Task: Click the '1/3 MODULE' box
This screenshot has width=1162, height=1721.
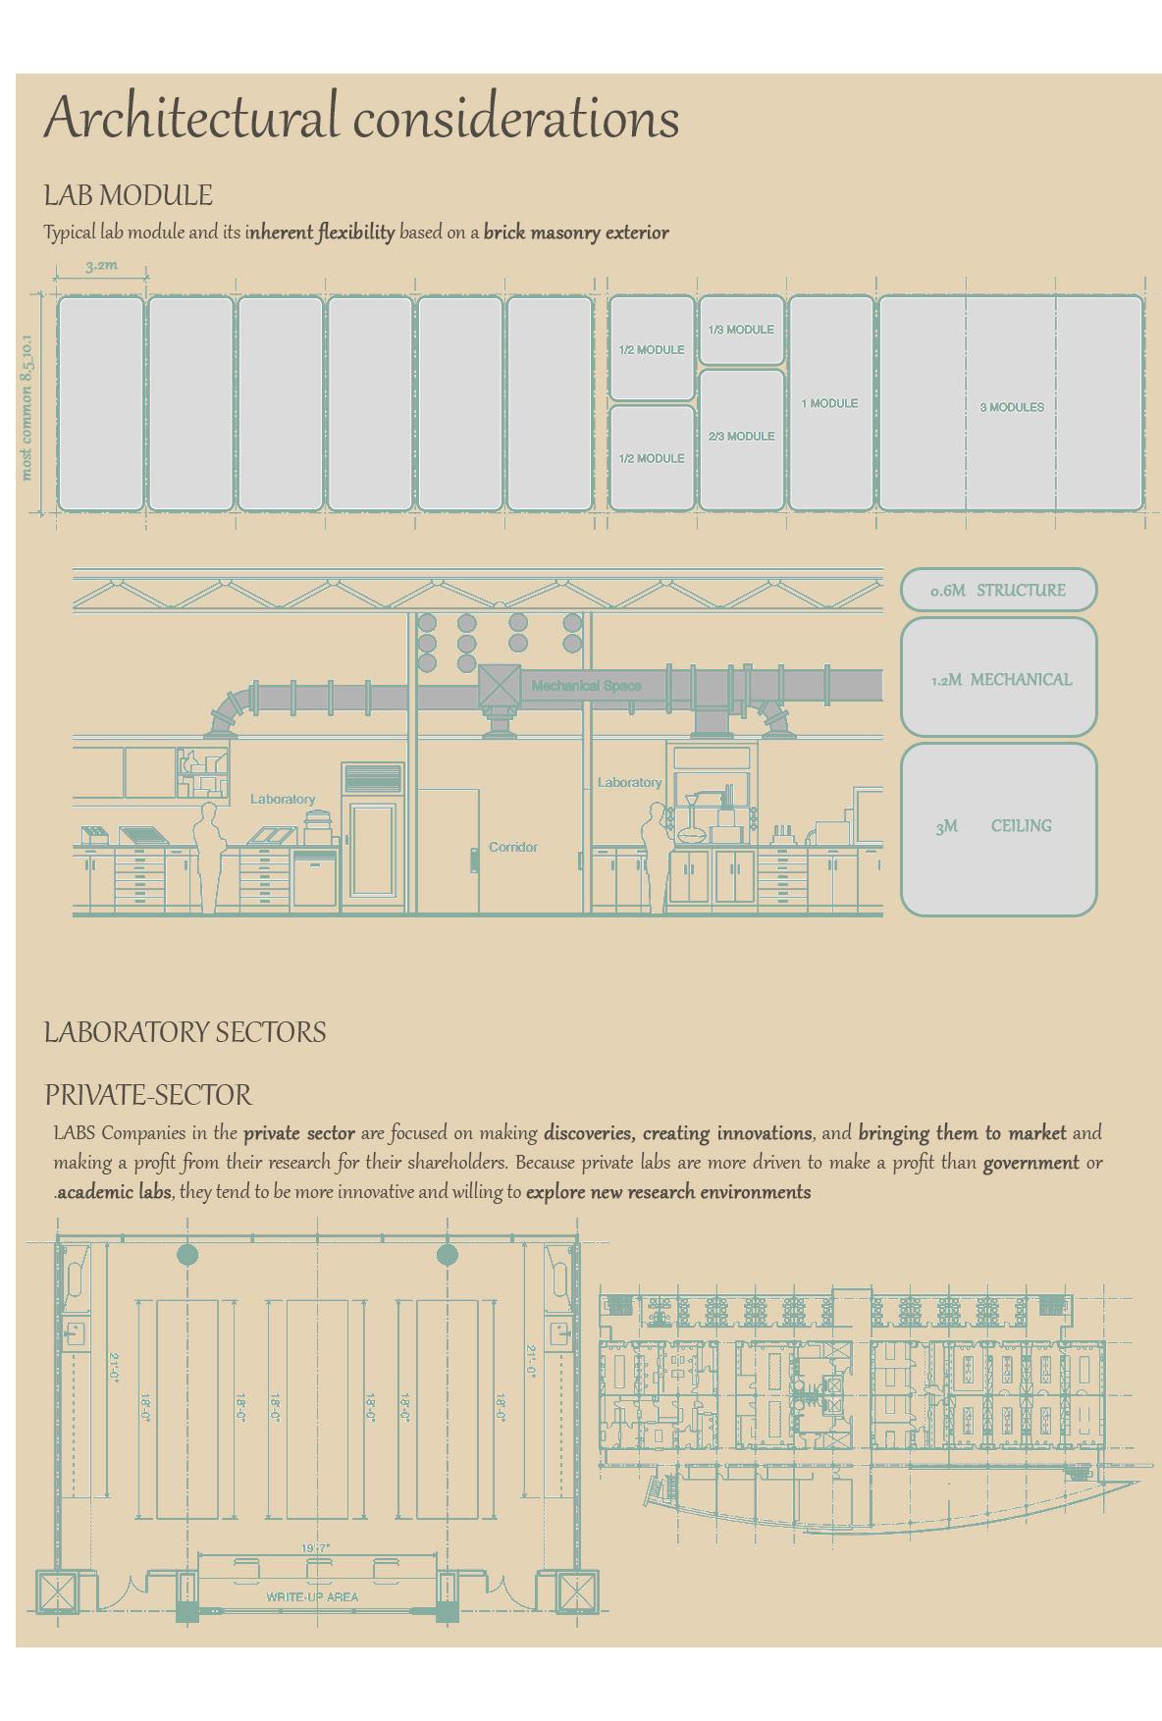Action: tap(741, 330)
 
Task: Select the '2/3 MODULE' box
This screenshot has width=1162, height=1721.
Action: tap(741, 439)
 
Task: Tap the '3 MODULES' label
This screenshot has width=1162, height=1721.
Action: tap(1011, 407)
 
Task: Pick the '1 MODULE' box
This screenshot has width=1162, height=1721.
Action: tap(830, 403)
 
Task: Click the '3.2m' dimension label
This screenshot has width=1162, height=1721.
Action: tap(101, 265)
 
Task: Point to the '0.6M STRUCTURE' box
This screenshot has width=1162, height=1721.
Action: tap(998, 590)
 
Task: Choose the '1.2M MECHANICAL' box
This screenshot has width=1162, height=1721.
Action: tap(998, 678)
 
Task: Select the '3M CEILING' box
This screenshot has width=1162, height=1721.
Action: tap(998, 828)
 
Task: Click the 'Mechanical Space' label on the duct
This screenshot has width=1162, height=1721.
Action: tap(586, 686)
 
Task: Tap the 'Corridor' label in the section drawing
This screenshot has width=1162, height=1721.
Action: tap(512, 847)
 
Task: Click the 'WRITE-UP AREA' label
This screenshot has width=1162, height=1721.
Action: tap(312, 1596)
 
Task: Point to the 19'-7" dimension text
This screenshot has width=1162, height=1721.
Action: tap(315, 1548)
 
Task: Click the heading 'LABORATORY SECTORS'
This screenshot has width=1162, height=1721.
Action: tap(185, 1032)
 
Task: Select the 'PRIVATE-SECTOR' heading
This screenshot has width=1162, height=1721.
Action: tap(147, 1095)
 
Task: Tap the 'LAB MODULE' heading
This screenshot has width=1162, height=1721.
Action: tap(128, 195)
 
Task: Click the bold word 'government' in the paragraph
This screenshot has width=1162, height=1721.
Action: tap(1030, 1163)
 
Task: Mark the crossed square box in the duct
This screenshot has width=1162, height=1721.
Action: tap(499, 685)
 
